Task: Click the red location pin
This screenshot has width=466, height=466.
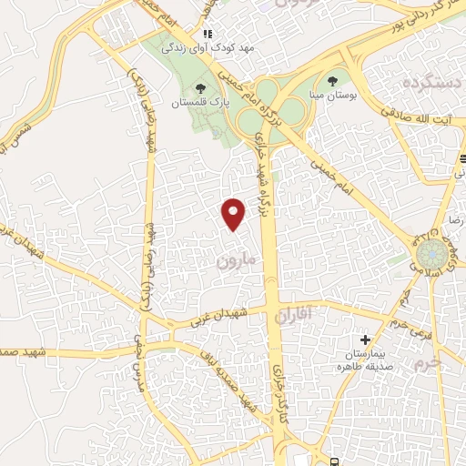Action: tap(234, 213)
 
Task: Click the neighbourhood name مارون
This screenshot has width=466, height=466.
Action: tap(239, 260)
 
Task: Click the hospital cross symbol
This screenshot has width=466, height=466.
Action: tap(365, 339)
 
